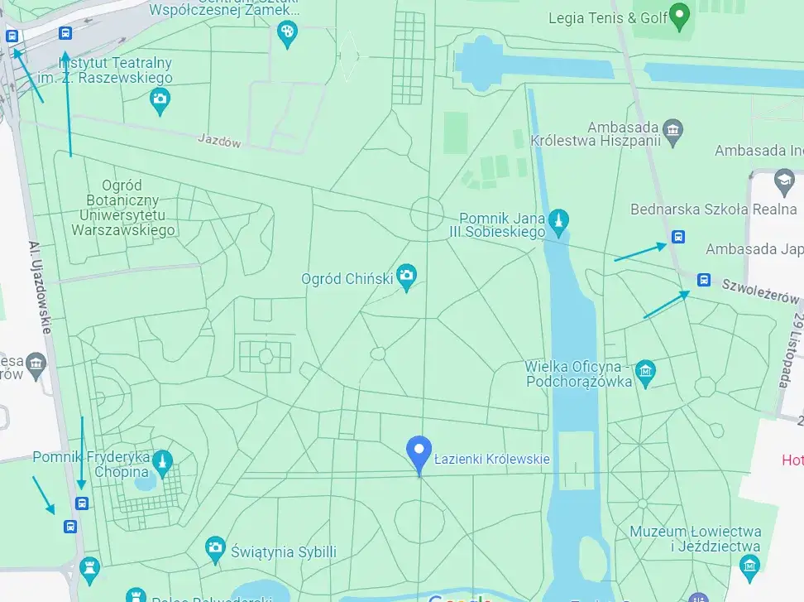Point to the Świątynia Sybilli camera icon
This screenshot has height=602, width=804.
pos(215,547)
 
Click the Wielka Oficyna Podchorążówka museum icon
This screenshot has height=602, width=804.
pos(645,371)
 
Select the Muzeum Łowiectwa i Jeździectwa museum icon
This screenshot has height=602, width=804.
pos(749,565)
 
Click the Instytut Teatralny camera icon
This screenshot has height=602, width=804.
pos(160,100)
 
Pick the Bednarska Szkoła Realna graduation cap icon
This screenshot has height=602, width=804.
pos(782,180)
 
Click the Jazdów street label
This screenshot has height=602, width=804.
pos(219,142)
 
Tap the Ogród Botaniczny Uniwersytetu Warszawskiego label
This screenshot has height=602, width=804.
pos(123,208)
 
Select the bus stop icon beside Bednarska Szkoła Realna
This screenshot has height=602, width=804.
pos(678,237)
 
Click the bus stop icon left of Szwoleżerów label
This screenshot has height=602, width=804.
pos(703,280)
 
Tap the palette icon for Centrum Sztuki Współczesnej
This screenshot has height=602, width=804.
pos(287,32)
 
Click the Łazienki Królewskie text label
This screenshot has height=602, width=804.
pos(491,460)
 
